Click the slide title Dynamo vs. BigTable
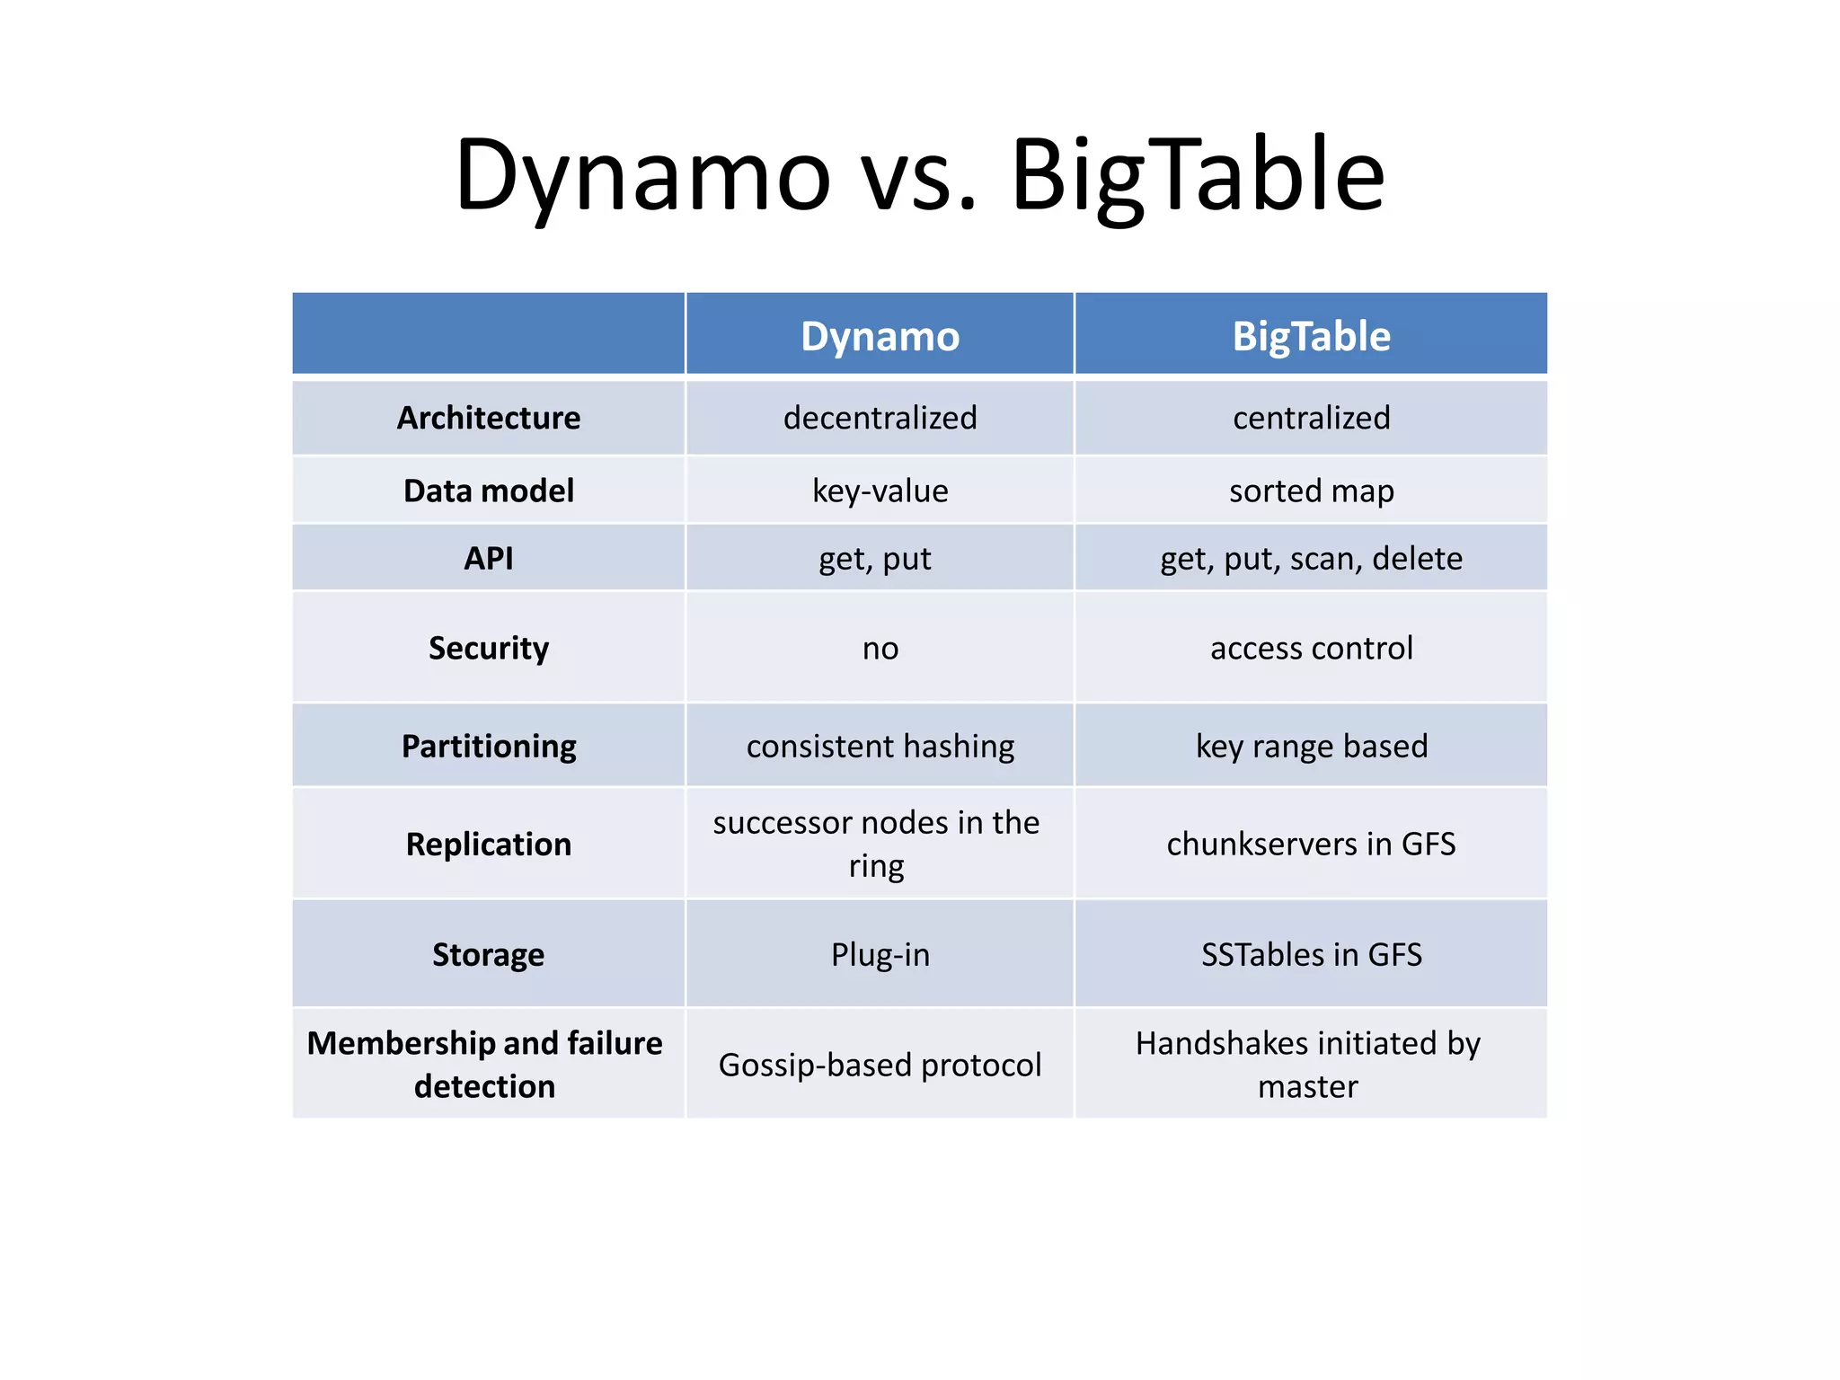point(920,175)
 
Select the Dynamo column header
point(880,337)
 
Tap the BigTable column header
point(1311,337)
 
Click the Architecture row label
point(489,418)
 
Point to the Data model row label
point(489,491)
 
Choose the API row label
point(489,558)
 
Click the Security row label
point(489,648)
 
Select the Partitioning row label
point(489,746)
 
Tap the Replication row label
point(489,844)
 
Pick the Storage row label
point(489,954)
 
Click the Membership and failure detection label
point(485,1065)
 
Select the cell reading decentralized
point(880,418)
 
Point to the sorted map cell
point(1311,491)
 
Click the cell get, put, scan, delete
point(1311,558)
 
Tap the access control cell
point(1311,648)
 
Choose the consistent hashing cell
point(880,746)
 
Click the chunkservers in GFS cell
point(1311,844)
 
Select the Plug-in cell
point(880,954)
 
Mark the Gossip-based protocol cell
point(880,1065)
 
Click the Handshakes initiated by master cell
point(1308,1065)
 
